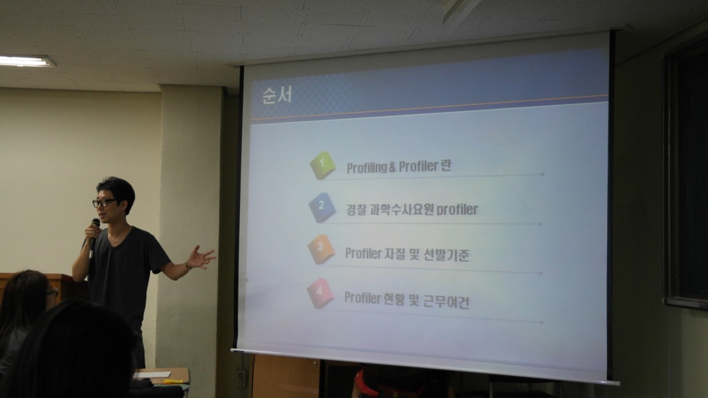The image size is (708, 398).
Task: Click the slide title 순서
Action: tap(277, 95)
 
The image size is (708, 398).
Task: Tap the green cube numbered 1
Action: tap(322, 165)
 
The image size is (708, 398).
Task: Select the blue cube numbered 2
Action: tap(322, 207)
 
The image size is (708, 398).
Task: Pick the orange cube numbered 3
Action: tap(321, 249)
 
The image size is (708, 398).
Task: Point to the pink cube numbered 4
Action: tap(320, 293)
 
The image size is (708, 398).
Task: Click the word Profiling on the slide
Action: tap(366, 167)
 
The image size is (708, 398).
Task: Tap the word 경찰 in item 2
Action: tap(356, 210)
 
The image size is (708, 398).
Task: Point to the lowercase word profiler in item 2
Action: tap(457, 210)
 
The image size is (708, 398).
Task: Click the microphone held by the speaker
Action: tap(93, 237)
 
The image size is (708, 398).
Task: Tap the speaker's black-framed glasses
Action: tap(104, 202)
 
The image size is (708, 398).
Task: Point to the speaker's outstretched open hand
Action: tap(201, 258)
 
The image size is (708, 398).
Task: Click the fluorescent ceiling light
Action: tap(26, 61)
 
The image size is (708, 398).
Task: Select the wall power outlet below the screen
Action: tap(241, 378)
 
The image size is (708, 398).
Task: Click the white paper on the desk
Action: tap(152, 375)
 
